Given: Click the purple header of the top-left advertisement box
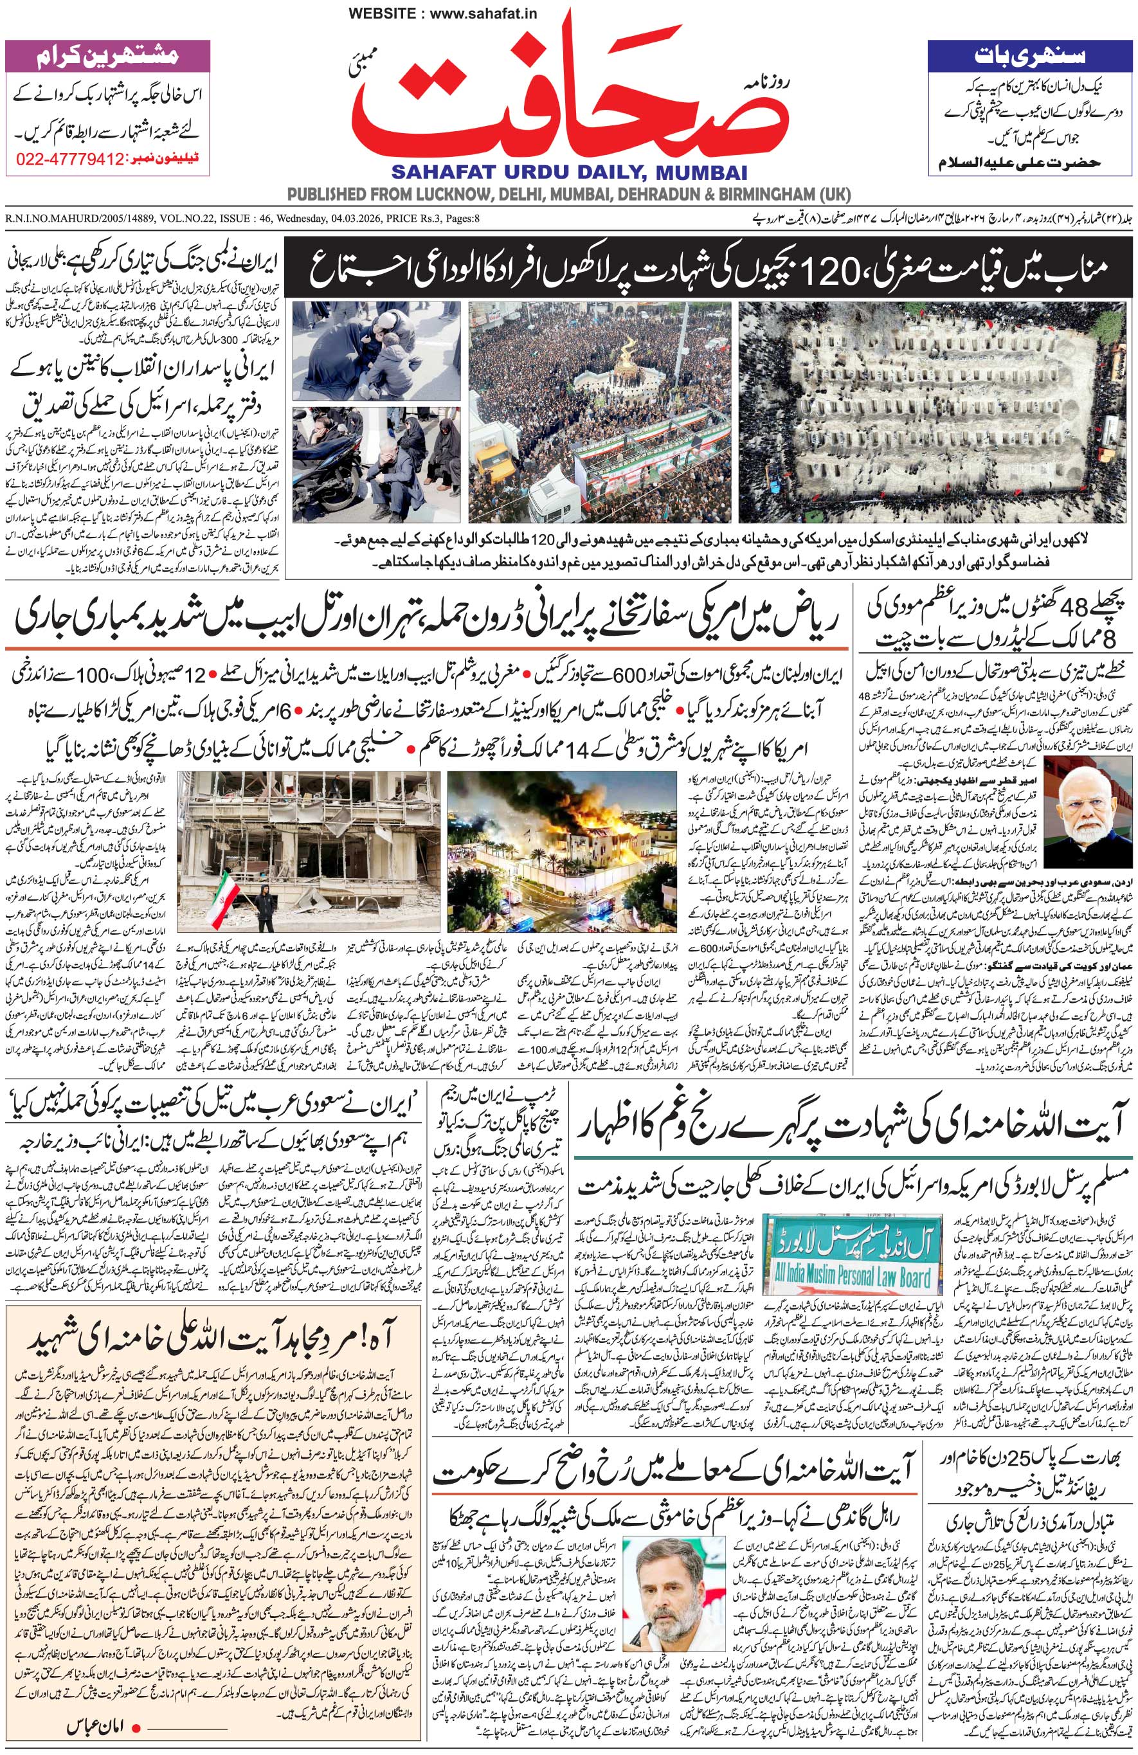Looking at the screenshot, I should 107,56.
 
